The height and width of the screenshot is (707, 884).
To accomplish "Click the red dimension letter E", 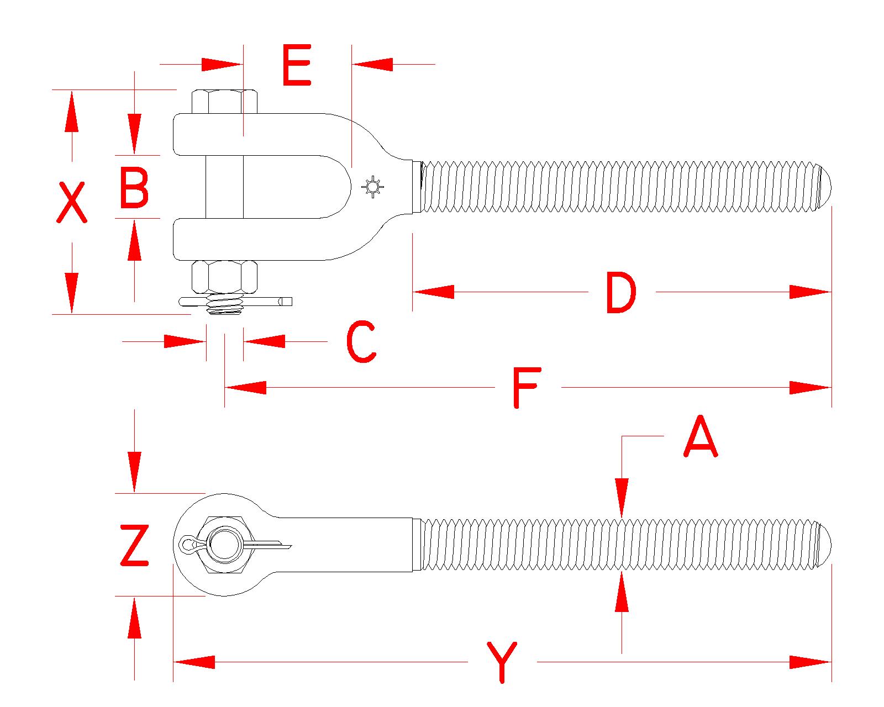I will [x=297, y=66].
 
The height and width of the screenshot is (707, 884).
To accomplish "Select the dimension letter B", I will [x=134, y=189].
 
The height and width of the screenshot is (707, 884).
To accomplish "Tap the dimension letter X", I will [x=72, y=203].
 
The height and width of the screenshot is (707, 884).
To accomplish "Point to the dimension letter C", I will [x=361, y=342].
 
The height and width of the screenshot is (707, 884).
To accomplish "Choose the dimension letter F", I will [x=525, y=388].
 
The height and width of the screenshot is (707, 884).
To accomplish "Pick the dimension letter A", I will [x=701, y=437].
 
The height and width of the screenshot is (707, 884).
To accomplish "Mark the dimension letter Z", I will [x=135, y=546].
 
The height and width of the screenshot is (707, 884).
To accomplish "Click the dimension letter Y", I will [x=502, y=662].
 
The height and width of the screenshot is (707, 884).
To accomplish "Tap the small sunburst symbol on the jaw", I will [x=373, y=188].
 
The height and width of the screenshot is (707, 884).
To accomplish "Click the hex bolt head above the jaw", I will [x=225, y=102].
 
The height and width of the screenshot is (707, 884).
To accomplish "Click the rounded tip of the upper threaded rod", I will [x=824, y=187].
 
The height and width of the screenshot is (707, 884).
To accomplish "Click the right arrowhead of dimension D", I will [x=810, y=292].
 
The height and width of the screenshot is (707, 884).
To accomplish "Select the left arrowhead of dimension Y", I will [x=194, y=662].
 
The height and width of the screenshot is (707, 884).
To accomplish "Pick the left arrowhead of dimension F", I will [x=246, y=388].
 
